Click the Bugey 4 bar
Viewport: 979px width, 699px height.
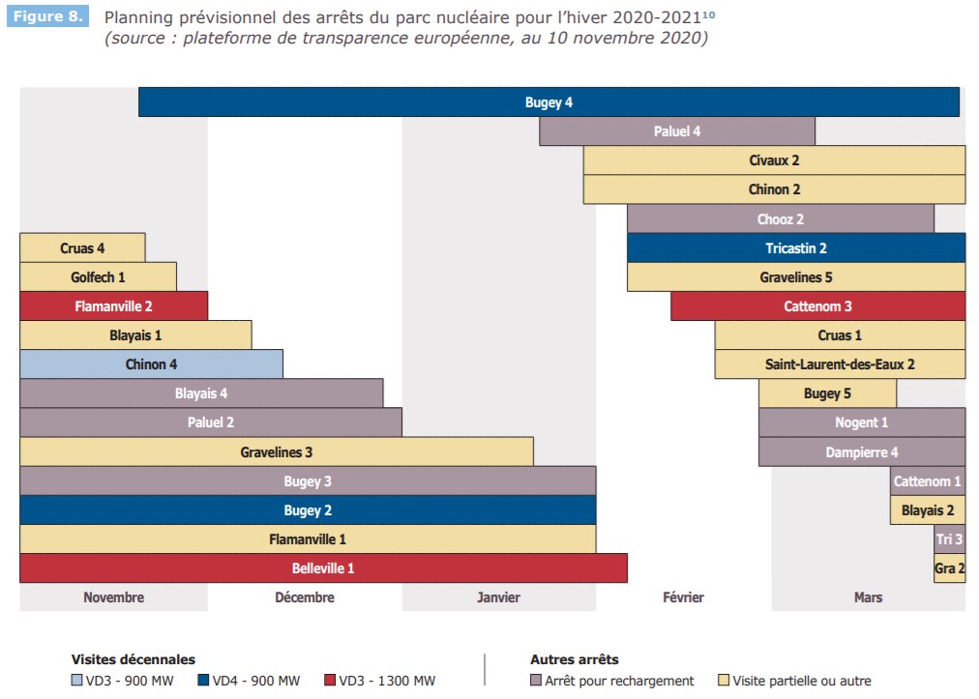click(x=549, y=102)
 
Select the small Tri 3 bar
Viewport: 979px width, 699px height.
click(x=949, y=539)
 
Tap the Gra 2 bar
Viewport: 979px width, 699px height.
click(x=949, y=568)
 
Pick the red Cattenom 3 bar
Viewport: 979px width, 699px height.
click(x=817, y=306)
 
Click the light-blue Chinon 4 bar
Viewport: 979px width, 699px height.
click(x=151, y=364)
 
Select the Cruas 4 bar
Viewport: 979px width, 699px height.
click(x=82, y=248)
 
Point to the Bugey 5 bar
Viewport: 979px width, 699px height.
click(x=827, y=393)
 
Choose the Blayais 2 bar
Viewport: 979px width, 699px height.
click(x=927, y=510)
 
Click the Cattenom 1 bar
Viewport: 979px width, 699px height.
click(x=927, y=481)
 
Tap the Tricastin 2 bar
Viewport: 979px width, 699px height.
click(x=795, y=248)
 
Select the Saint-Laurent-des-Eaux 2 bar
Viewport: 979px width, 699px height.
click(x=840, y=364)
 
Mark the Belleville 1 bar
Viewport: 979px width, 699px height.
click(x=323, y=568)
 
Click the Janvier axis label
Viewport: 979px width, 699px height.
click(x=498, y=597)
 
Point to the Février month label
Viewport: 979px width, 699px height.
click(x=682, y=597)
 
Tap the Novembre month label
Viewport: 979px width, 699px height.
click(x=113, y=597)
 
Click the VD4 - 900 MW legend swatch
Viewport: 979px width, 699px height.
click(x=202, y=681)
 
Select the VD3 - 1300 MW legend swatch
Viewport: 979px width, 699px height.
click(x=329, y=681)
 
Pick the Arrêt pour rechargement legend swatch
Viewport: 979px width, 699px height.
click(x=536, y=681)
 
